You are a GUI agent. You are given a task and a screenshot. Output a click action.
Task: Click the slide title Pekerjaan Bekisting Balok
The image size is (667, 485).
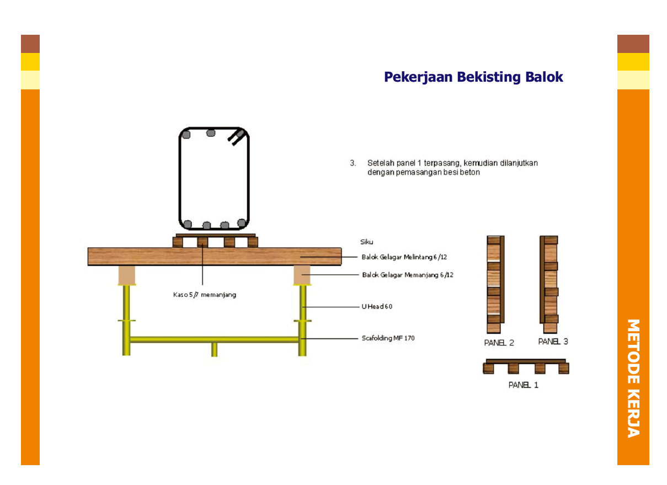(x=473, y=77)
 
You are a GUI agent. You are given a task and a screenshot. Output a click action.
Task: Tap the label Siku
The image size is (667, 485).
(x=367, y=242)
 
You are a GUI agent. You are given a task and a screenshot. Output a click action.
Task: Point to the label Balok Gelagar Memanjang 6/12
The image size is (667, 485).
(x=408, y=275)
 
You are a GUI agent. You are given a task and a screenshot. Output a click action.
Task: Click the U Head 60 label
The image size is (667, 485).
(x=377, y=307)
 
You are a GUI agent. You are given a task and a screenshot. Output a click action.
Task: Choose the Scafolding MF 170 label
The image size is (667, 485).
(x=388, y=338)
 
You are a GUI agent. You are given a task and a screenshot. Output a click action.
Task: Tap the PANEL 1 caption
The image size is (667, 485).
(x=523, y=385)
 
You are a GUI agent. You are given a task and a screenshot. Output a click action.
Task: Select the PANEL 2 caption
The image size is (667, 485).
(x=499, y=343)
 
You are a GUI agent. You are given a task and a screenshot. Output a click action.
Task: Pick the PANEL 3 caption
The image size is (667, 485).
(x=553, y=342)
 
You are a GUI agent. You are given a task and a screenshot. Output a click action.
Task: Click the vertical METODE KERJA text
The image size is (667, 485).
(x=633, y=378)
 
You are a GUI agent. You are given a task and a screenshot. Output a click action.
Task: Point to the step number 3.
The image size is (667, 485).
(x=352, y=163)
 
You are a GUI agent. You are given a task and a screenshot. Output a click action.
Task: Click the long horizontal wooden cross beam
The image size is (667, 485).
(x=214, y=257)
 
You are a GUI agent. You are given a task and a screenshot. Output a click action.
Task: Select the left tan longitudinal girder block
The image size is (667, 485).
(x=127, y=275)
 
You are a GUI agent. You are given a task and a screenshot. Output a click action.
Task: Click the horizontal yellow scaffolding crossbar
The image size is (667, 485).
(x=214, y=339)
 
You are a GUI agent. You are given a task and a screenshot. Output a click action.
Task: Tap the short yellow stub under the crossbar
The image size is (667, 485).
(x=214, y=349)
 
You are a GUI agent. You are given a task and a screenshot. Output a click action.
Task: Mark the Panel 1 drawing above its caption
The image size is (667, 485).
(x=525, y=366)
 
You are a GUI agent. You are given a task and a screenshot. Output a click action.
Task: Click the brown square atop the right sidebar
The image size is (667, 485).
(x=633, y=44)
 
